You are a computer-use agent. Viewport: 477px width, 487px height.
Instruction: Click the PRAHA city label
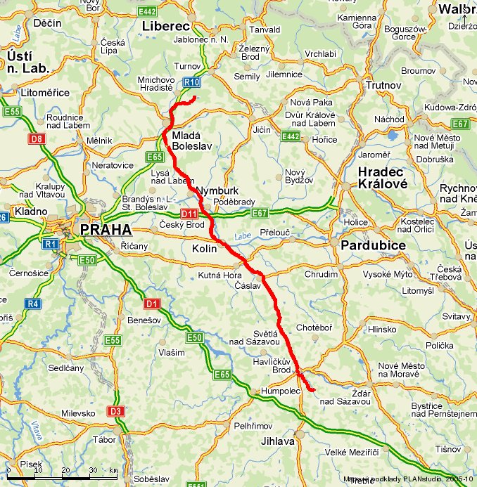coord(106,230)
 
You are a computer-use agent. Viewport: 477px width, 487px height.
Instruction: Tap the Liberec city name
coord(167,26)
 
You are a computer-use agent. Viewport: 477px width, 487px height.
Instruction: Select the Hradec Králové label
coord(381,179)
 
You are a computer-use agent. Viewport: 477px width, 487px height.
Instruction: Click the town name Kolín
coord(204,249)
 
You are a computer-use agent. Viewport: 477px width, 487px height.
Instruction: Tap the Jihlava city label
coord(276,441)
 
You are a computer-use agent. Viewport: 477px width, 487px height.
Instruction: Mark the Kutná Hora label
coord(220,275)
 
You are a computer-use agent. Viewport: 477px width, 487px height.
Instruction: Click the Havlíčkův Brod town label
coord(272,365)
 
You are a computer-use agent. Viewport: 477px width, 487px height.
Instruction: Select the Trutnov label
coord(383,85)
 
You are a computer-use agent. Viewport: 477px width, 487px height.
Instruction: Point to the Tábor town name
coord(105,439)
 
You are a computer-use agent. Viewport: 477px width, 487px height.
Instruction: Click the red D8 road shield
coord(37,139)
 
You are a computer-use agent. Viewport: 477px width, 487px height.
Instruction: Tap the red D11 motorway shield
coord(189,214)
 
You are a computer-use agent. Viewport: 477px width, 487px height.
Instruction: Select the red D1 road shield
coord(152,304)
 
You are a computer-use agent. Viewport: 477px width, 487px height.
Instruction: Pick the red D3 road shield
coord(115,411)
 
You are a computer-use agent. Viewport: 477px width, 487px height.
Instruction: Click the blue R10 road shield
coord(192,82)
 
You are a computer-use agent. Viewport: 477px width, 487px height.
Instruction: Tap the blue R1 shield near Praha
coord(49,244)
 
